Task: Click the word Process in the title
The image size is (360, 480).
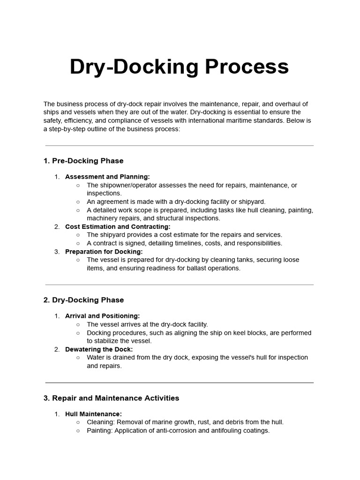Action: click(x=247, y=67)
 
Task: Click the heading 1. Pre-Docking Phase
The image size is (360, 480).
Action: click(x=83, y=161)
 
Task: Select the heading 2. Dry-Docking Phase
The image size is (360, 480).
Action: click(x=83, y=300)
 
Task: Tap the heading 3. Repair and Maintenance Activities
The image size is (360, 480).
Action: click(x=111, y=398)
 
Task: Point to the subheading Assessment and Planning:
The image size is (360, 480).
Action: click(x=107, y=177)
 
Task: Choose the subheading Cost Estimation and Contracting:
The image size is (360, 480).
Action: click(x=118, y=226)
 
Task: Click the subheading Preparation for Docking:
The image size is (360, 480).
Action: click(x=104, y=252)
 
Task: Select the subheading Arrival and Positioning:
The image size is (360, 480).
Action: click(x=102, y=316)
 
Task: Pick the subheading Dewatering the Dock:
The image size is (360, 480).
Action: click(x=99, y=349)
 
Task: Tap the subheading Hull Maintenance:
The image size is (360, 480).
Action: click(x=93, y=414)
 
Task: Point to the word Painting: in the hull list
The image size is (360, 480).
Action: click(x=100, y=431)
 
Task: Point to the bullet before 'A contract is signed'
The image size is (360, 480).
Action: click(x=78, y=243)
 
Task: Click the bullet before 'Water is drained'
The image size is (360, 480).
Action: click(x=78, y=358)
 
